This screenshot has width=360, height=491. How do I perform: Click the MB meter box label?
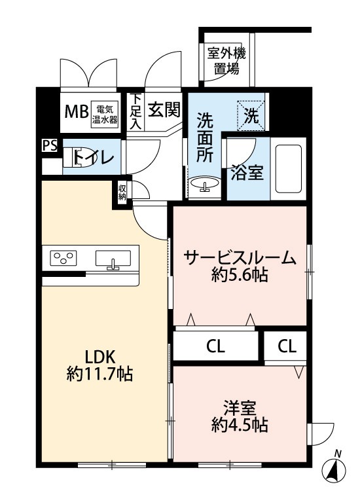pyautogui.click(x=76, y=111)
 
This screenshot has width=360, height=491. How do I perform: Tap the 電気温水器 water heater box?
pyautogui.click(x=105, y=115)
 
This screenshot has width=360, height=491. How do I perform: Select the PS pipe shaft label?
pyautogui.click(x=50, y=145)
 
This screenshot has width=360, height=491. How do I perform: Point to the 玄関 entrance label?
pyautogui.click(x=164, y=110)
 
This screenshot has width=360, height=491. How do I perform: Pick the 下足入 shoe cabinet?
pyautogui.click(x=135, y=111)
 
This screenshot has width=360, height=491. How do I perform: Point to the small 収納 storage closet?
pyautogui.click(x=122, y=192)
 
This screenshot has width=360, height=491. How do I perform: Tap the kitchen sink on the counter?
pyautogui.click(x=113, y=259)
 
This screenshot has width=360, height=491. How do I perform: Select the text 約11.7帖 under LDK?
pyautogui.click(x=99, y=374)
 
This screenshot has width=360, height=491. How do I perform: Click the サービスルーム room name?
pyautogui.click(x=240, y=258)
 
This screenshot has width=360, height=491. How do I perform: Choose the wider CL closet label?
pyautogui.click(x=215, y=346)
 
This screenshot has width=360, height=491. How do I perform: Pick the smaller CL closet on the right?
pyautogui.click(x=285, y=346)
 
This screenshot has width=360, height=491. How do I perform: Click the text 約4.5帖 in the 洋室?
pyautogui.click(x=240, y=425)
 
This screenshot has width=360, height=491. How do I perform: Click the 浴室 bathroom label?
pyautogui.click(x=247, y=173)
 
